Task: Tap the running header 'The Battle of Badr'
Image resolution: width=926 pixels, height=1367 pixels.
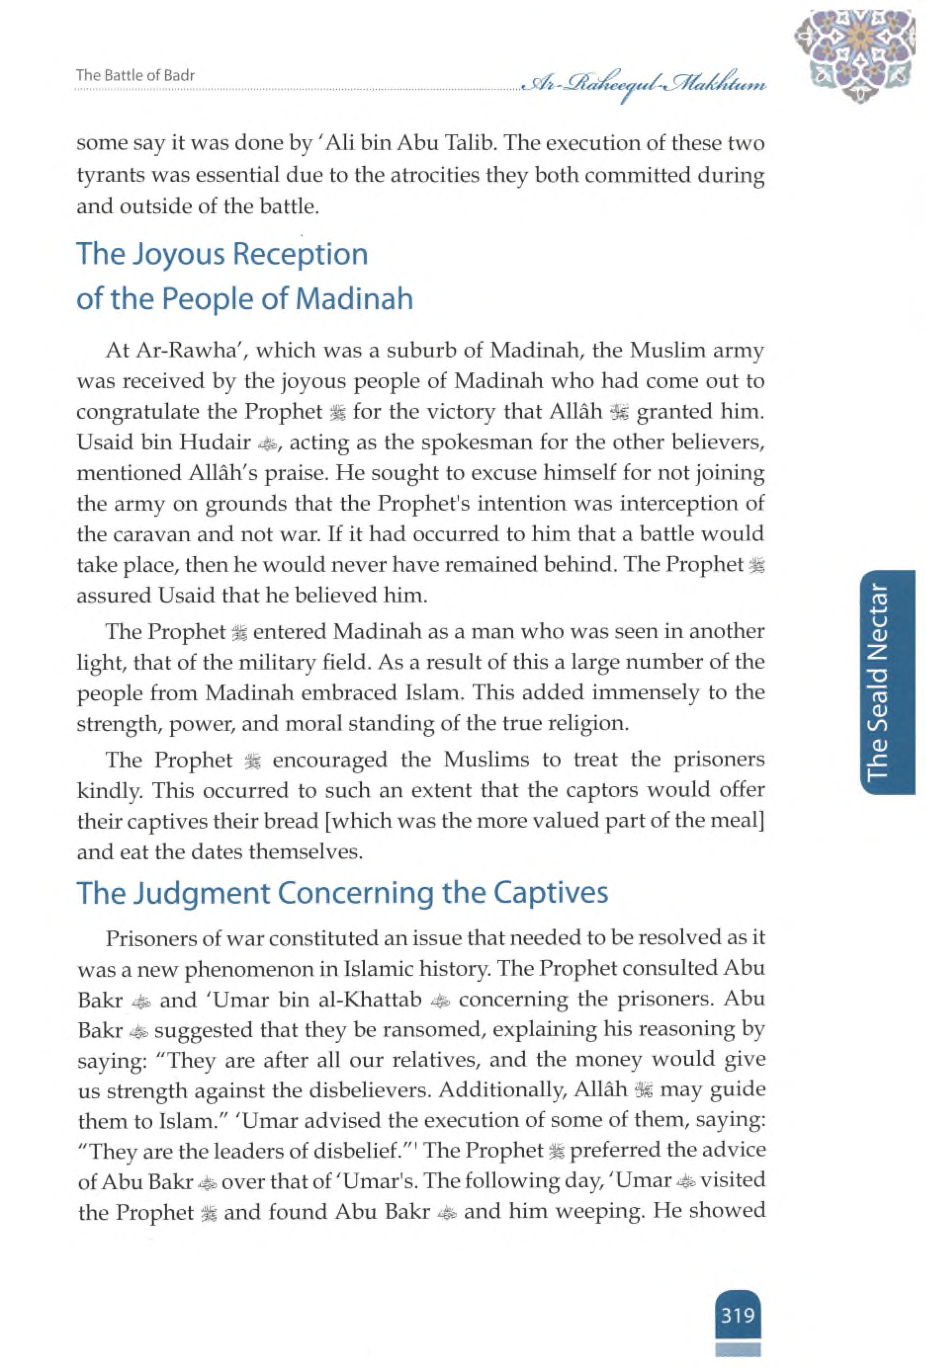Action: coord(135,75)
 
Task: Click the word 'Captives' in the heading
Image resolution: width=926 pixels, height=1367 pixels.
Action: coord(550,892)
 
